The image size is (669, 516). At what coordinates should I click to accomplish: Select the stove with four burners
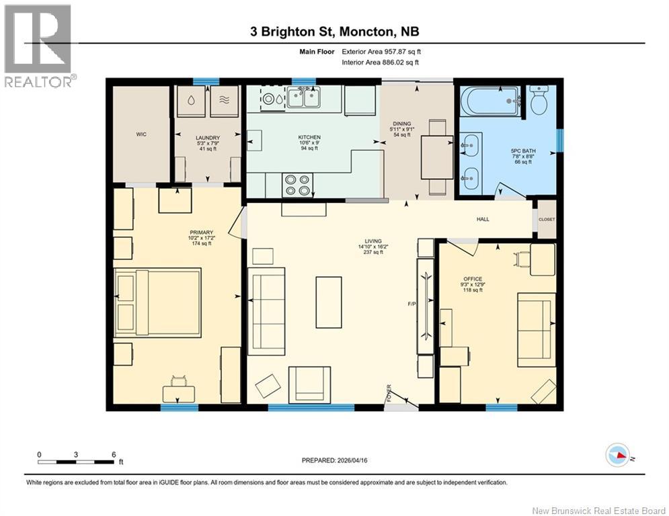coord(297,185)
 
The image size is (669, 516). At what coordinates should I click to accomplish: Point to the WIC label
coord(141,134)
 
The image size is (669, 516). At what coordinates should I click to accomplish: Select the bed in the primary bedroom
coord(157,302)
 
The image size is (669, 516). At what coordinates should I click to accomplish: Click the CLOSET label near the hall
coord(547,219)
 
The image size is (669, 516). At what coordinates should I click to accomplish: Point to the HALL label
coord(483,219)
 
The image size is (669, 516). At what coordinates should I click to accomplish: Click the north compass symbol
coord(619,456)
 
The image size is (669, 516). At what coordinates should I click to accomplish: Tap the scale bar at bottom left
coord(75,462)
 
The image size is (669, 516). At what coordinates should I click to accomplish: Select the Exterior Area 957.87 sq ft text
coord(382,51)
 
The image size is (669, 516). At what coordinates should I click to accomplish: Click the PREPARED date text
coord(340,460)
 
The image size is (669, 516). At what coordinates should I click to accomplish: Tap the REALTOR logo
coord(39,46)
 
